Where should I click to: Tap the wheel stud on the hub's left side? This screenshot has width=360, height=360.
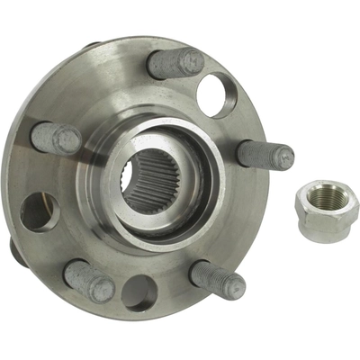pyautogui.click(x=57, y=138)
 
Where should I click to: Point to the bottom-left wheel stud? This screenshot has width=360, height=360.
pyautogui.click(x=90, y=281)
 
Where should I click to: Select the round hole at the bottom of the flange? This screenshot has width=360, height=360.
pyautogui.click(x=139, y=292)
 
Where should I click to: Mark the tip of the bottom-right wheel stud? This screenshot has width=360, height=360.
pyautogui.click(x=236, y=287)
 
